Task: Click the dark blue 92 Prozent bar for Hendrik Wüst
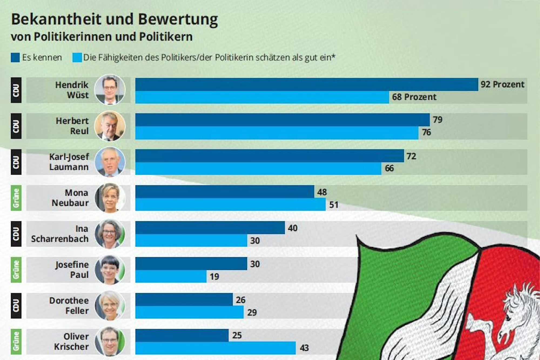click(x=307, y=85)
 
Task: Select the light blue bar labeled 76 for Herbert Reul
click(x=277, y=133)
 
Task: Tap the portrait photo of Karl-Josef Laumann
click(x=110, y=162)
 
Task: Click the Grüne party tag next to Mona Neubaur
click(x=16, y=198)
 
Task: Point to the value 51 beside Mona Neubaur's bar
click(x=334, y=205)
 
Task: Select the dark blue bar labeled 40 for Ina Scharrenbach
click(x=210, y=228)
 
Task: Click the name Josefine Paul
click(x=72, y=269)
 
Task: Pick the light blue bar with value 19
click(x=171, y=276)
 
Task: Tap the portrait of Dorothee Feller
click(x=110, y=305)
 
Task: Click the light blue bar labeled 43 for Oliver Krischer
click(x=215, y=348)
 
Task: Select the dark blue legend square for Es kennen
click(x=15, y=58)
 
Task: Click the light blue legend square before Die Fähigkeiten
click(x=77, y=58)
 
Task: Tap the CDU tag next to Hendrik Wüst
click(x=16, y=90)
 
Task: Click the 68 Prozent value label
click(x=414, y=97)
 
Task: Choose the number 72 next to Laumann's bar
click(x=411, y=156)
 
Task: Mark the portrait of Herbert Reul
click(x=110, y=126)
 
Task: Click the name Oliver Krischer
click(x=71, y=341)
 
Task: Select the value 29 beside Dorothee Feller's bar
click(x=252, y=312)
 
